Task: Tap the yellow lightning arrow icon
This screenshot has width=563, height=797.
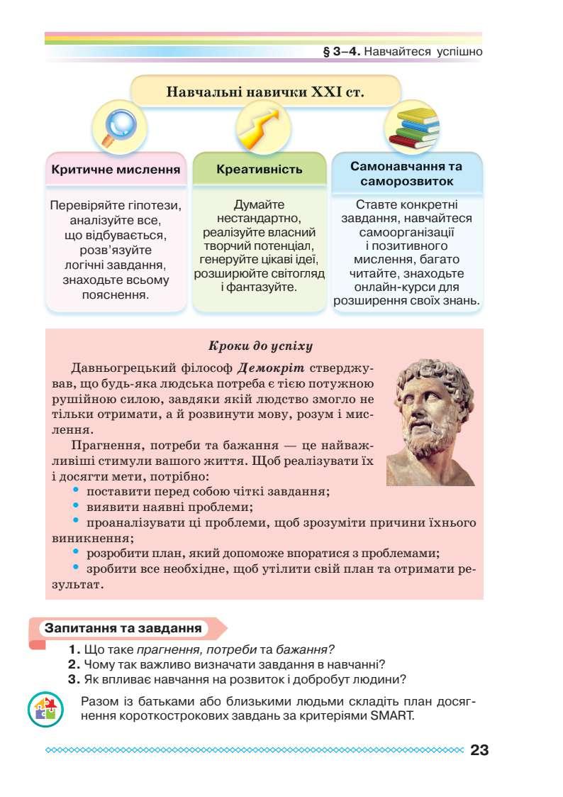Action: coord(256,126)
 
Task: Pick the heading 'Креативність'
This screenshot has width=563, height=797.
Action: coord(259,170)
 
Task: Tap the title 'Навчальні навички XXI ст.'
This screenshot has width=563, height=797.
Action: coord(264,92)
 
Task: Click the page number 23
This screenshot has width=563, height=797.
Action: coord(479,750)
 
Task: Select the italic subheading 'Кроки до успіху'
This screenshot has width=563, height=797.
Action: coord(260,346)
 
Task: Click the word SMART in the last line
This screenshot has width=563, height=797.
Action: coord(390,715)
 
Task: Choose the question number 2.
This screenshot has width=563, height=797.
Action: coord(74,664)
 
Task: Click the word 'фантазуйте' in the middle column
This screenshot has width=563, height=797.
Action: coord(264,287)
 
